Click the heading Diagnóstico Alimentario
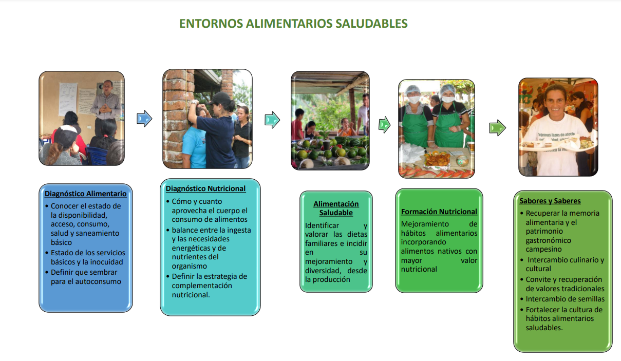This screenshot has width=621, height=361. pos(85,194)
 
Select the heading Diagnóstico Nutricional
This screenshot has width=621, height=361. pos(205,188)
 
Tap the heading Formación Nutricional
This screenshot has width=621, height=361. pos(439,212)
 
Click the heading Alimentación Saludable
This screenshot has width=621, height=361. pos(336,208)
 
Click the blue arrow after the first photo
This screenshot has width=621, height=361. pos(144,119)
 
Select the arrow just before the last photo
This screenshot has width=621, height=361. pos(497,127)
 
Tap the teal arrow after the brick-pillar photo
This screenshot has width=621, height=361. pos(272,121)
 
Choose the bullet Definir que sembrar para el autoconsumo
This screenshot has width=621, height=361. pos(85,277)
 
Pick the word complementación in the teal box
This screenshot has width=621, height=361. pos(202,286)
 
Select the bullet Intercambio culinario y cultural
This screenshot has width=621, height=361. pos(564,264)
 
